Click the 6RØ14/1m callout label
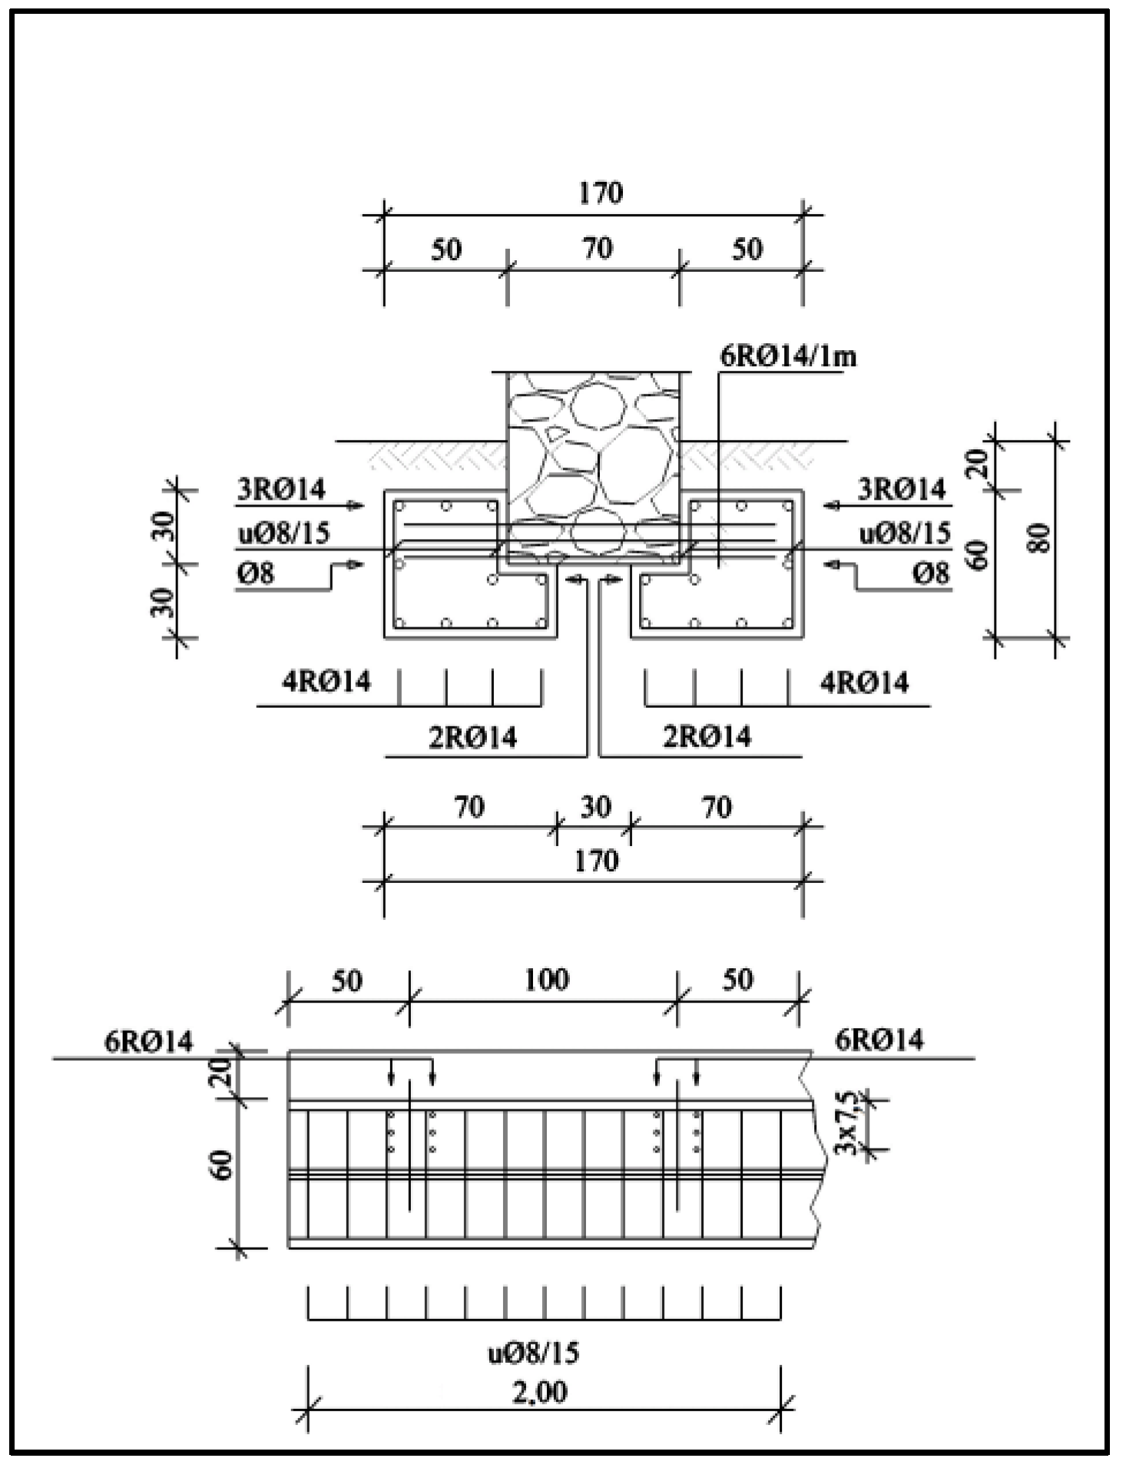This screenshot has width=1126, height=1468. point(787,357)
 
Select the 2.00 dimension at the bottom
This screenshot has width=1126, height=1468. point(540,1390)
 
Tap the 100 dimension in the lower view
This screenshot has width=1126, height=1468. point(546,980)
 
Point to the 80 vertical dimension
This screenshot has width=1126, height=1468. point(1039,539)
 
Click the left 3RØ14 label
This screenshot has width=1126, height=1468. point(280,489)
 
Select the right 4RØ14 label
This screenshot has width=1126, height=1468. point(864,682)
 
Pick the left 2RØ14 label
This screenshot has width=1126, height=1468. point(472,737)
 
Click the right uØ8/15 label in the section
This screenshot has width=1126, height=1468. point(905,533)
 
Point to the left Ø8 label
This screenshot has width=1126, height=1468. point(255,574)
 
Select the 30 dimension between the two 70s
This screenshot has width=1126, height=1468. point(595,807)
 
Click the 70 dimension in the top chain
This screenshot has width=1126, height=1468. point(597,249)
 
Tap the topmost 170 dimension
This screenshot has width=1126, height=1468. point(601,193)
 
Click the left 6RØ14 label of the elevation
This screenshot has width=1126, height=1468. point(149,1041)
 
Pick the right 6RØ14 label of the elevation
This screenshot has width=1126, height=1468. point(879,1040)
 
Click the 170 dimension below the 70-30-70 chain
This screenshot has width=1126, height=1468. point(596,861)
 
